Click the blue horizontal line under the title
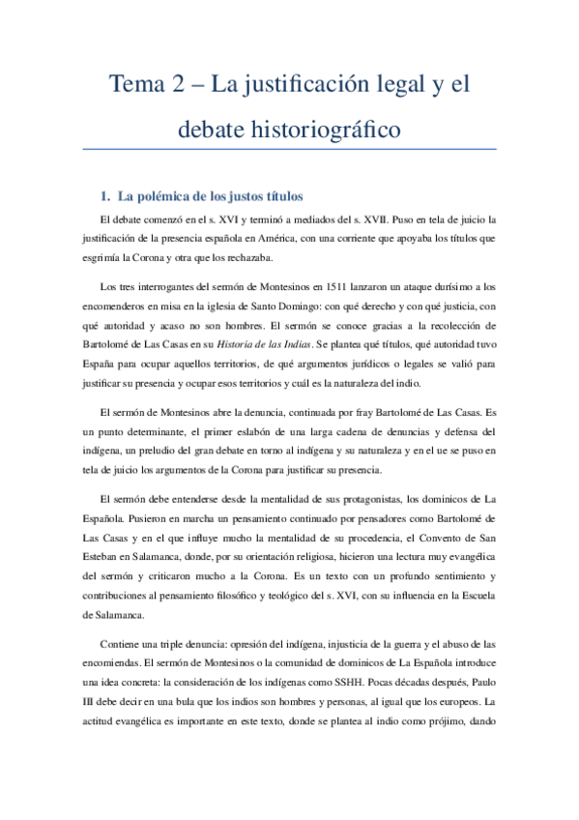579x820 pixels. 289,149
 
